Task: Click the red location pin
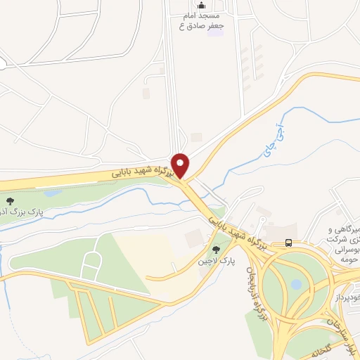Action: click(181, 165)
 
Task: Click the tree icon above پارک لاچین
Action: click(216, 249)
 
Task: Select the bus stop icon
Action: click(288, 243)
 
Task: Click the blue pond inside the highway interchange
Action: click(296, 285)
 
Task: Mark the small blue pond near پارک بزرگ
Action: click(51, 192)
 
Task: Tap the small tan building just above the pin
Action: click(196, 136)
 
